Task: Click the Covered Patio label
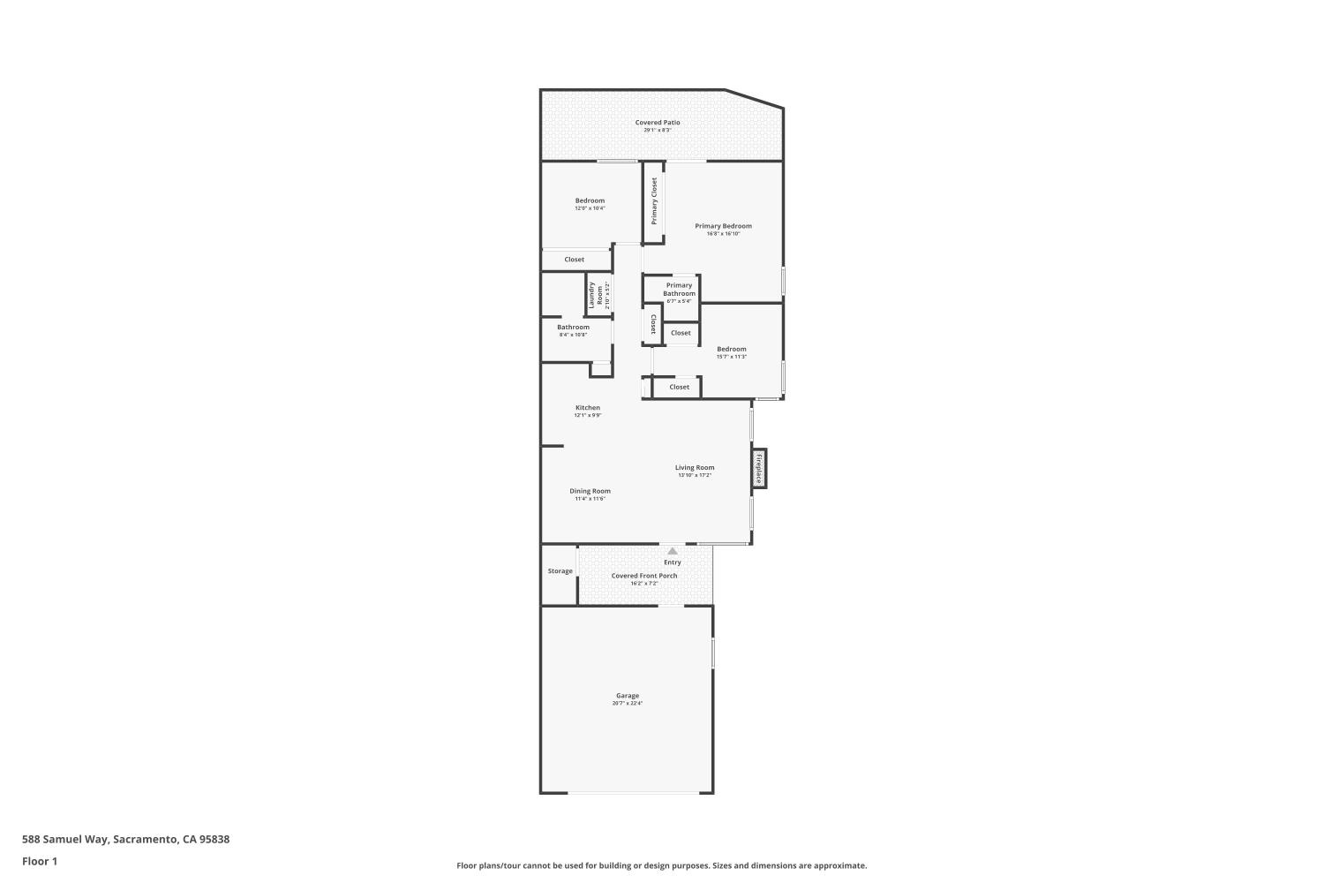point(658,123)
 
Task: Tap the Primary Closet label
point(655,200)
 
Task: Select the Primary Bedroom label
point(723,226)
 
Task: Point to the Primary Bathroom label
point(679,289)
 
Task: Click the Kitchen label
point(588,408)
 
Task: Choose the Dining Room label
point(590,491)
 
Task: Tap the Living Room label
point(695,467)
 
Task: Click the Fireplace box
point(758,468)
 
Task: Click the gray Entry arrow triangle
point(673,551)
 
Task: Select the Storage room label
point(560,571)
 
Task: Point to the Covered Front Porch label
point(644,576)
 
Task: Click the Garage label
point(628,696)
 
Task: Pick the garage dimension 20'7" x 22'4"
point(628,704)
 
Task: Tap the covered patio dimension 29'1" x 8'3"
point(658,131)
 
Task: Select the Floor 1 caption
point(40,861)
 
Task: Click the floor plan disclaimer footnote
point(661,865)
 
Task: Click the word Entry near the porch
point(673,562)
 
